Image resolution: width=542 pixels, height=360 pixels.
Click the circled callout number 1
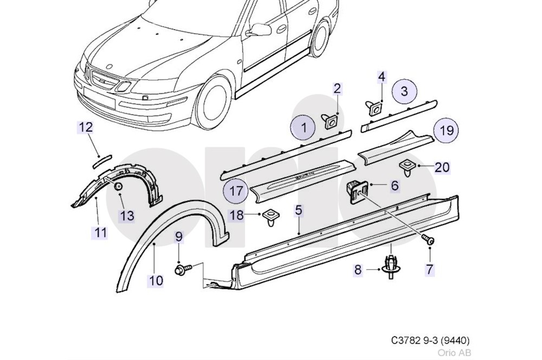304,128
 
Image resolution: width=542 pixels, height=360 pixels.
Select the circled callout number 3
404,91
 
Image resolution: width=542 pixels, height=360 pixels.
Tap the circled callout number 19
446,131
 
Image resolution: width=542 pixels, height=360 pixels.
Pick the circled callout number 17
236,191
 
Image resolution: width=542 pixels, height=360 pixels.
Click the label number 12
86,128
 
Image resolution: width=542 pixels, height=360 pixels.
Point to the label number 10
156,280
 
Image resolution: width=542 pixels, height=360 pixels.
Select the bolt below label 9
182,268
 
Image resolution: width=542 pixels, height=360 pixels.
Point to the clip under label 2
331,120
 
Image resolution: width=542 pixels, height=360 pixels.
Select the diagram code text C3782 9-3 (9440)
430,340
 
